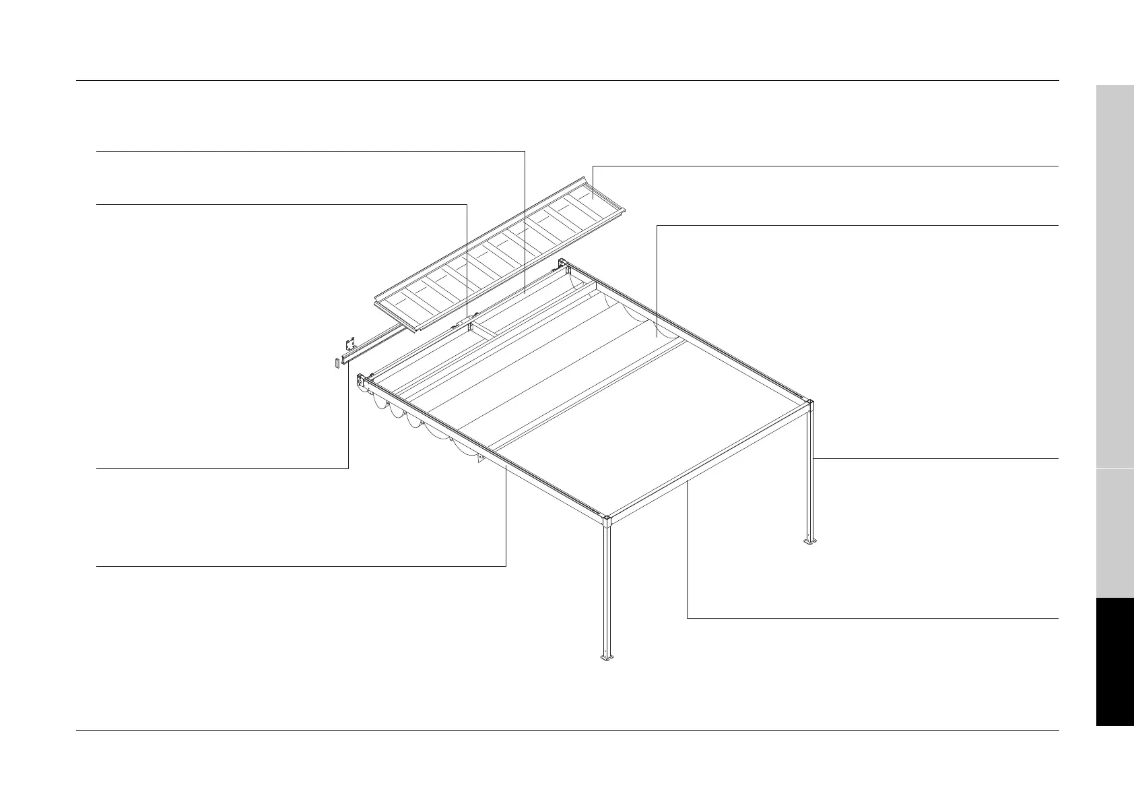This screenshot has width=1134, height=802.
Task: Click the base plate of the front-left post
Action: (x=607, y=656)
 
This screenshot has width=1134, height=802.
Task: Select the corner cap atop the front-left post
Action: (x=607, y=521)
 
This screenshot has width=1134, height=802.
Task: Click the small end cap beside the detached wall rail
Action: (x=336, y=364)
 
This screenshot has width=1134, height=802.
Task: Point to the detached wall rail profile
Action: (x=377, y=344)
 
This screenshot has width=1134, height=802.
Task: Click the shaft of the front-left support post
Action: (x=607, y=586)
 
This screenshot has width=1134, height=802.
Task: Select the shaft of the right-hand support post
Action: (x=810, y=472)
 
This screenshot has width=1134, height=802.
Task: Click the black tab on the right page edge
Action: (x=1114, y=661)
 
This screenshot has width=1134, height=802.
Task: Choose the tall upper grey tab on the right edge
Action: (x=1114, y=276)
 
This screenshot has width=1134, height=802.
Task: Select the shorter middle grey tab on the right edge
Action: (x=1114, y=533)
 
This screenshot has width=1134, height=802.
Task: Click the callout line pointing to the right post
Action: (x=936, y=458)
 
